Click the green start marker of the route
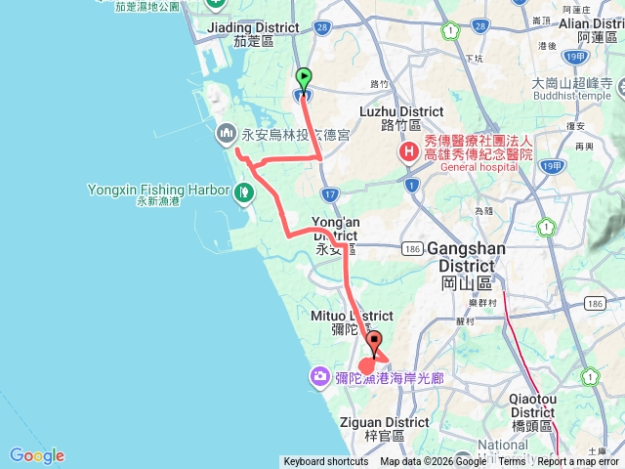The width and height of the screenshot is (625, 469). pos(304,76)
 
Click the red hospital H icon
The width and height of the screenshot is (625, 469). pos(406,153)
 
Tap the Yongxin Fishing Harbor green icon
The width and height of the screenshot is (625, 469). pos(243,191)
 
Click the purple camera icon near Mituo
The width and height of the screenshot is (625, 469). pos(320,376)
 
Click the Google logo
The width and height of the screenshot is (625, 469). pos(37,455)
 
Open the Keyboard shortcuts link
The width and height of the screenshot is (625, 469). pos(326,462)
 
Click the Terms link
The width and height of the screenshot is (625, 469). pos(512,462)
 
